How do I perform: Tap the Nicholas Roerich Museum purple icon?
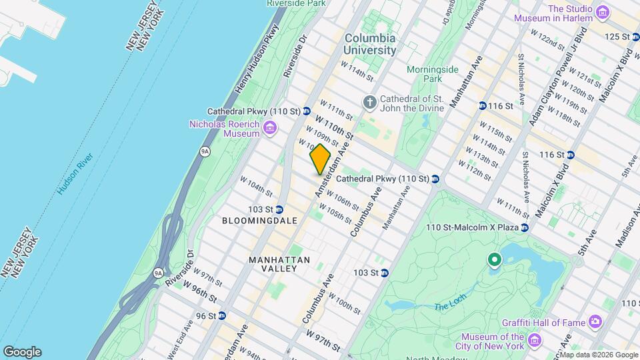tap(270, 127)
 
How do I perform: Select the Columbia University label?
tap(370, 44)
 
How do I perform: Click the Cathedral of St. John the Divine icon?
tap(370, 102)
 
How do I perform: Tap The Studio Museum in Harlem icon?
tap(603, 12)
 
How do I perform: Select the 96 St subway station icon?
tap(222, 316)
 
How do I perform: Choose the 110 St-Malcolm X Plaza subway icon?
tap(525, 228)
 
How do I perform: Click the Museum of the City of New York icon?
tap(533, 341)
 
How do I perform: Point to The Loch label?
tap(447, 307)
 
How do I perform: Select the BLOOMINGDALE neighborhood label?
tap(259, 219)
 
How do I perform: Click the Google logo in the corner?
tap(22, 352)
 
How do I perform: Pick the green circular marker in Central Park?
tap(494, 259)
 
